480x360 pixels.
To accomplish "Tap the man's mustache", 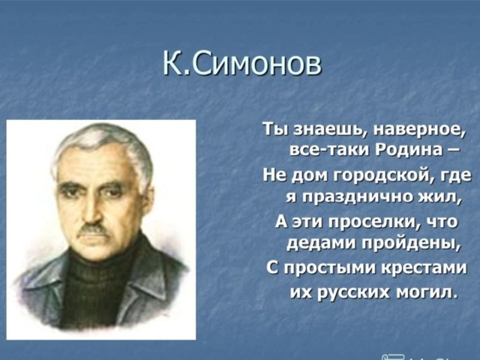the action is tap(92, 229).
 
